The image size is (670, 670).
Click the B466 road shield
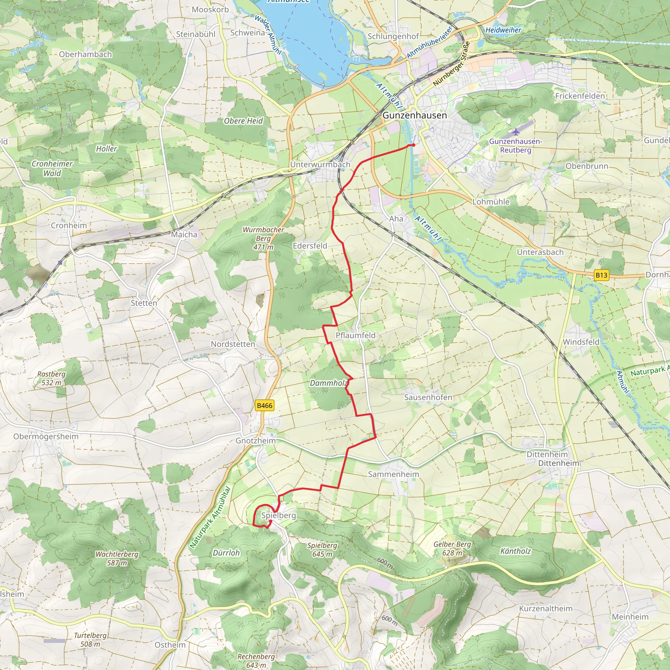point(265,405)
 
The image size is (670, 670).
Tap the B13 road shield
point(601,275)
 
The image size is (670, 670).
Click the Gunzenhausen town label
point(415,115)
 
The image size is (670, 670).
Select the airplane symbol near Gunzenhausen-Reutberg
point(516,132)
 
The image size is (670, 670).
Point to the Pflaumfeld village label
point(356,335)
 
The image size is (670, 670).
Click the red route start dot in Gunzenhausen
point(414,145)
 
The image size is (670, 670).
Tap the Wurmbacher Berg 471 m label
point(263,238)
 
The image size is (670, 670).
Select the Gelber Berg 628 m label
point(452,548)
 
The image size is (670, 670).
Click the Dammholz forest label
point(328,383)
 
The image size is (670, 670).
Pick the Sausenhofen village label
point(428,397)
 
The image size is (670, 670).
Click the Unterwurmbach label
point(320,164)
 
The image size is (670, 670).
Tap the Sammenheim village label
point(393,474)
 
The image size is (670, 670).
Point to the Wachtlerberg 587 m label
point(117,558)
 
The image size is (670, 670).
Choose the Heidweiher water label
point(503,30)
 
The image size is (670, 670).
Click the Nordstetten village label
point(233,344)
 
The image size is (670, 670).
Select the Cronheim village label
point(69,225)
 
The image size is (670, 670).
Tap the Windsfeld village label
point(581,342)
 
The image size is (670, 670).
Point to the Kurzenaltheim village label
point(545,608)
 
